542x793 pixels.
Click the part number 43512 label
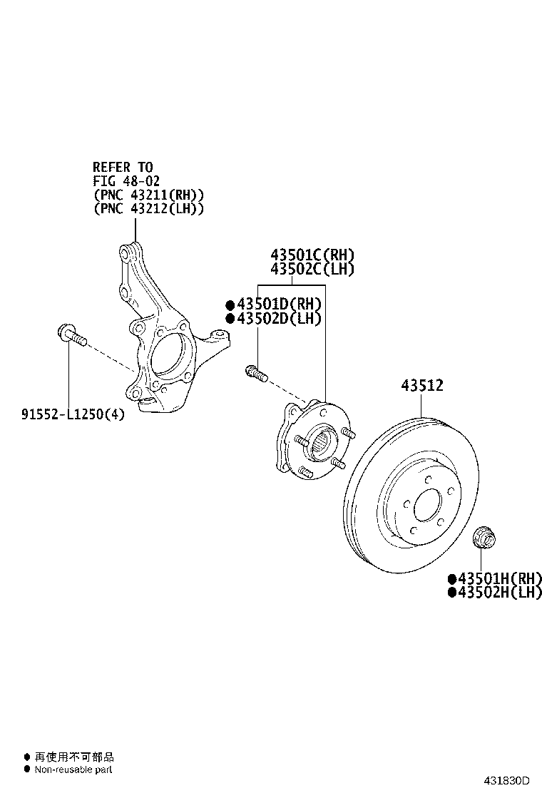[422, 385]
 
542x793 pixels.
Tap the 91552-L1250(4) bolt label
[73, 414]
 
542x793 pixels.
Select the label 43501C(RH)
[312, 255]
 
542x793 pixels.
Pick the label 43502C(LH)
[312, 269]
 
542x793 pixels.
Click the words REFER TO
[123, 167]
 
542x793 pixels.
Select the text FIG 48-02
[126, 180]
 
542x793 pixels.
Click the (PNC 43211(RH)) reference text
[149, 195]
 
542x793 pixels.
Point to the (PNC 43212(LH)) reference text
[149, 208]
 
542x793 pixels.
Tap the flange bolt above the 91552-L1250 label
[72, 335]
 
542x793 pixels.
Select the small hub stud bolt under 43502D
[256, 373]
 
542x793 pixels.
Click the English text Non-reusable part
[73, 769]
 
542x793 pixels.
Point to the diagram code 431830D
[506, 781]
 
